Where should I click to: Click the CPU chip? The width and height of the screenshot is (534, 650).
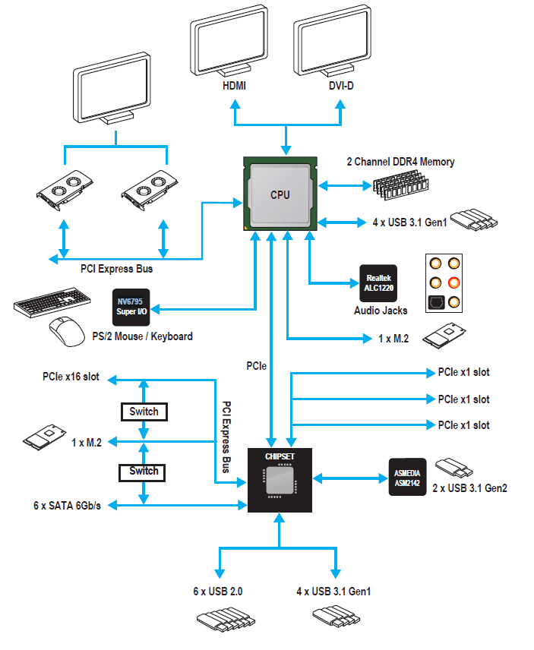(280, 194)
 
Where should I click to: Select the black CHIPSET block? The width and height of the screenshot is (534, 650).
(280, 480)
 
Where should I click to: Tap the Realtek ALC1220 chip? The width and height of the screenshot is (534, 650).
(378, 281)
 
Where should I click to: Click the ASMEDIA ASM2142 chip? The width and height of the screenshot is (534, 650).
(406, 478)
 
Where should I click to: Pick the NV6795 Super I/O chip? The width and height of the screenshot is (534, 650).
(131, 305)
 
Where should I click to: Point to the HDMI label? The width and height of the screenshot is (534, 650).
(234, 86)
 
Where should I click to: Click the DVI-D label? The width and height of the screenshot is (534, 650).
(340, 86)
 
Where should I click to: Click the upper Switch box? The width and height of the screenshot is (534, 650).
(144, 412)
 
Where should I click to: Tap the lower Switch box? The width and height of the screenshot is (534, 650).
(144, 471)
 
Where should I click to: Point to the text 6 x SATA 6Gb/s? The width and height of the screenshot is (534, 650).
(67, 506)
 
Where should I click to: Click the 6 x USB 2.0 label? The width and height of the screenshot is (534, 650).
(218, 591)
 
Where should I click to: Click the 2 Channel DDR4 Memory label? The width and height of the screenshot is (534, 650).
(401, 162)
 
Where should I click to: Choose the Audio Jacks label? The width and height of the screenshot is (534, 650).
(381, 310)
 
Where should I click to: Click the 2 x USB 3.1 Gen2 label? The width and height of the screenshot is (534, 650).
(469, 487)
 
